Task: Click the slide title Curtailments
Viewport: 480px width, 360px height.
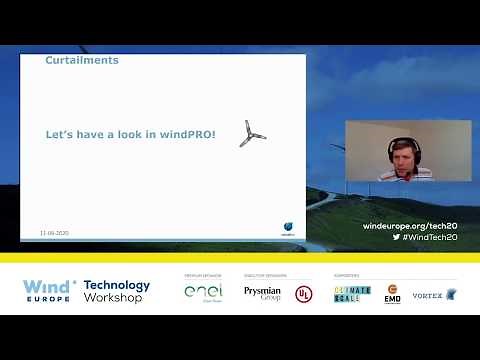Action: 82,60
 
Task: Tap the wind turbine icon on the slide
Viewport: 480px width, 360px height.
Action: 251,134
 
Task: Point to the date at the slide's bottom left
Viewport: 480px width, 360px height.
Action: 54,232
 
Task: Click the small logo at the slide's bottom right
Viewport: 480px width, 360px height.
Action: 287,227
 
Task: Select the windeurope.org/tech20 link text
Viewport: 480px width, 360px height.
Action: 409,227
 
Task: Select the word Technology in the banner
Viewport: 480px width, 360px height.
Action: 117,285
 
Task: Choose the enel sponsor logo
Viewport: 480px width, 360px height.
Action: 203,291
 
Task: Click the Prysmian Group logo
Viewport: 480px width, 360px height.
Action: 262,293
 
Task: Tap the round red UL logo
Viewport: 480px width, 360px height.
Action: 302,293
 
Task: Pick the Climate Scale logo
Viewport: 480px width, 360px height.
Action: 352,293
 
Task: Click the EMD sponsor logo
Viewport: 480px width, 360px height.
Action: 392,293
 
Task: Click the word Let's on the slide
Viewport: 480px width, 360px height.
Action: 62,133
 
